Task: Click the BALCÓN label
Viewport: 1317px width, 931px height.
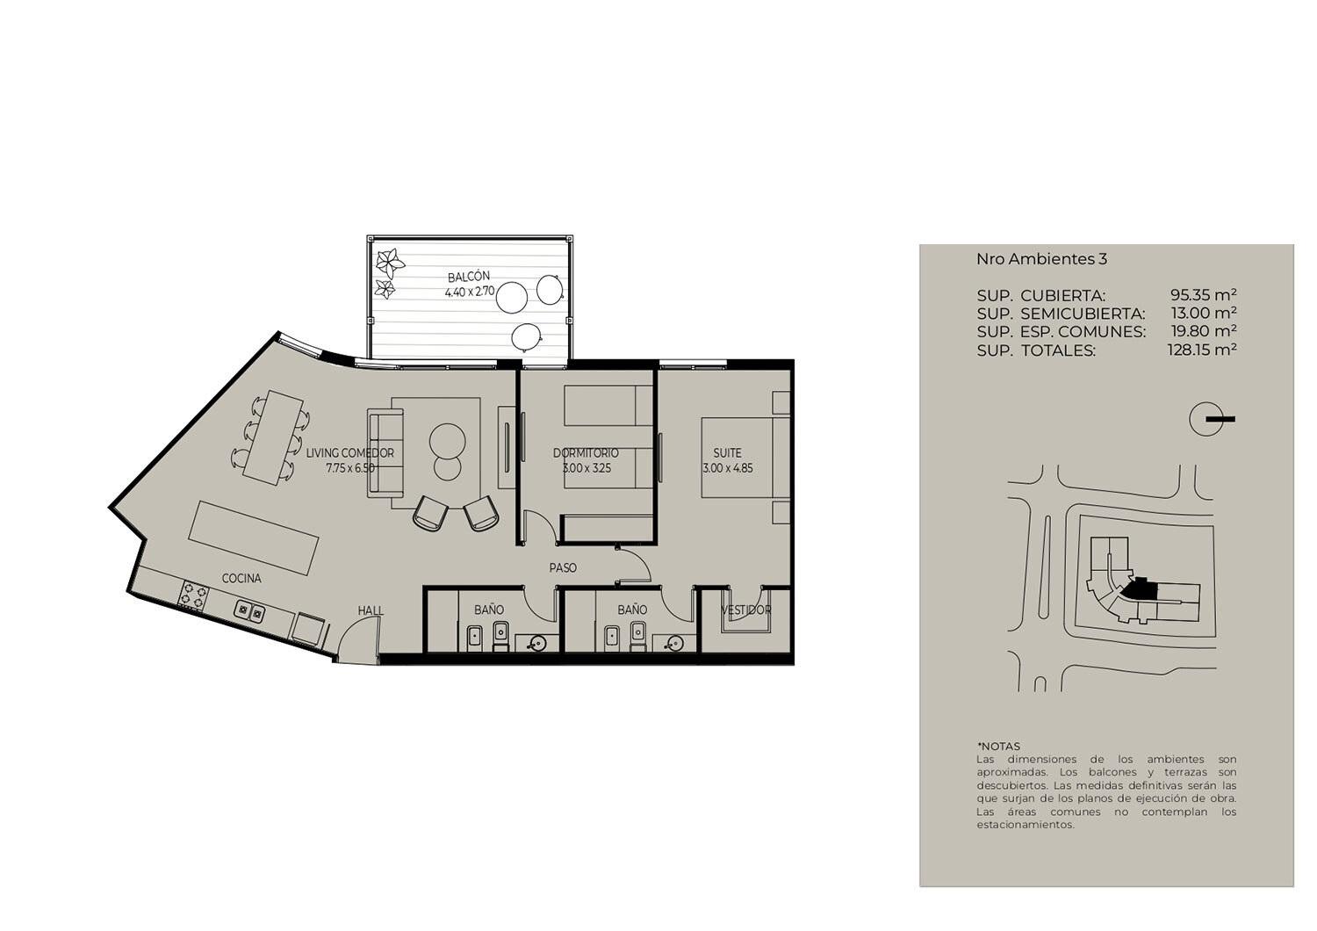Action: point(468,277)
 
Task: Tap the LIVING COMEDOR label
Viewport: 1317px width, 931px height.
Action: point(349,453)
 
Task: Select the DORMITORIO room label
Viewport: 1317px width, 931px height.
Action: point(586,453)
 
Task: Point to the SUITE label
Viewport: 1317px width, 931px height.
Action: point(727,453)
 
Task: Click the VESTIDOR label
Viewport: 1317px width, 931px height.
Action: point(745,610)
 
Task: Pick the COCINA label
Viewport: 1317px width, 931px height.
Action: point(241,579)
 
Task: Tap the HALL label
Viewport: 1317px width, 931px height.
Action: point(371,611)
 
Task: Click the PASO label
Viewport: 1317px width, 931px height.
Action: point(563,568)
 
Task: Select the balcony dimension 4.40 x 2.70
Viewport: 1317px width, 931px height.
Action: point(469,291)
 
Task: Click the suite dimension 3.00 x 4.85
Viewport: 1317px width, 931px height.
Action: point(727,469)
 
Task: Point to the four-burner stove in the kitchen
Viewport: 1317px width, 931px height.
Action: point(194,594)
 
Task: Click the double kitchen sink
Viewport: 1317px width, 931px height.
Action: point(250,611)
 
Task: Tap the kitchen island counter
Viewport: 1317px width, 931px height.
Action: point(254,539)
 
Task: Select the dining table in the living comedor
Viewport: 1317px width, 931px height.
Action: point(273,437)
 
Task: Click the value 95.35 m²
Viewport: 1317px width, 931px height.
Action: point(1203,294)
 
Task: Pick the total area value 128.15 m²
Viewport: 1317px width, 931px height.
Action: point(1202,350)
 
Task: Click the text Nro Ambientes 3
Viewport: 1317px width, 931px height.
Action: point(1041,259)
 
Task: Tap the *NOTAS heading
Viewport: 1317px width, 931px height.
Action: point(998,747)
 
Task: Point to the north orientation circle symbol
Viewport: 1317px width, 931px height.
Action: point(1205,419)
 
